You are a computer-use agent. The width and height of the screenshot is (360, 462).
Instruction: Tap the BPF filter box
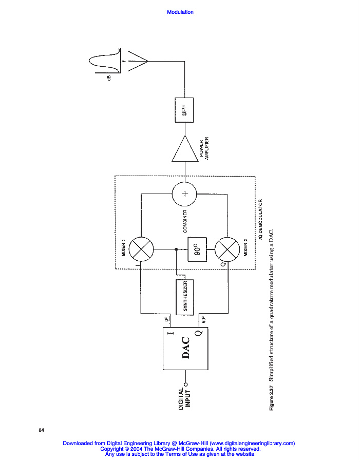click(x=183, y=109)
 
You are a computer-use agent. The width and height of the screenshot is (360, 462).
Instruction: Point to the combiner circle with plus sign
click(x=185, y=195)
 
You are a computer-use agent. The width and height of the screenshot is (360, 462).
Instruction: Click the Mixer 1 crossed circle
click(x=140, y=249)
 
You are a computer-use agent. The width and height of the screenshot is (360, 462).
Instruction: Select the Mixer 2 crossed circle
click(x=227, y=249)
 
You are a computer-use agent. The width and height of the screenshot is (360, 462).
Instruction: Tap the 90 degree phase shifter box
click(x=196, y=249)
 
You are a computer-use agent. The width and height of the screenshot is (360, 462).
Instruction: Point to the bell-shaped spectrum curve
click(x=105, y=61)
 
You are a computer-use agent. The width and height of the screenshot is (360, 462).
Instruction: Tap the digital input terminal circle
click(x=186, y=383)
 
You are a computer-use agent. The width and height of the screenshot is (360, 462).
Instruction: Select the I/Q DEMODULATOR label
click(x=260, y=221)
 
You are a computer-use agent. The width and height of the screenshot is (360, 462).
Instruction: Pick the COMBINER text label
click(x=184, y=221)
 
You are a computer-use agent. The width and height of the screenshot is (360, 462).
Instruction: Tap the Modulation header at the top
click(x=180, y=12)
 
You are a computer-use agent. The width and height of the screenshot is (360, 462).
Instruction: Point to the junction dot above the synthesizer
click(x=177, y=249)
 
